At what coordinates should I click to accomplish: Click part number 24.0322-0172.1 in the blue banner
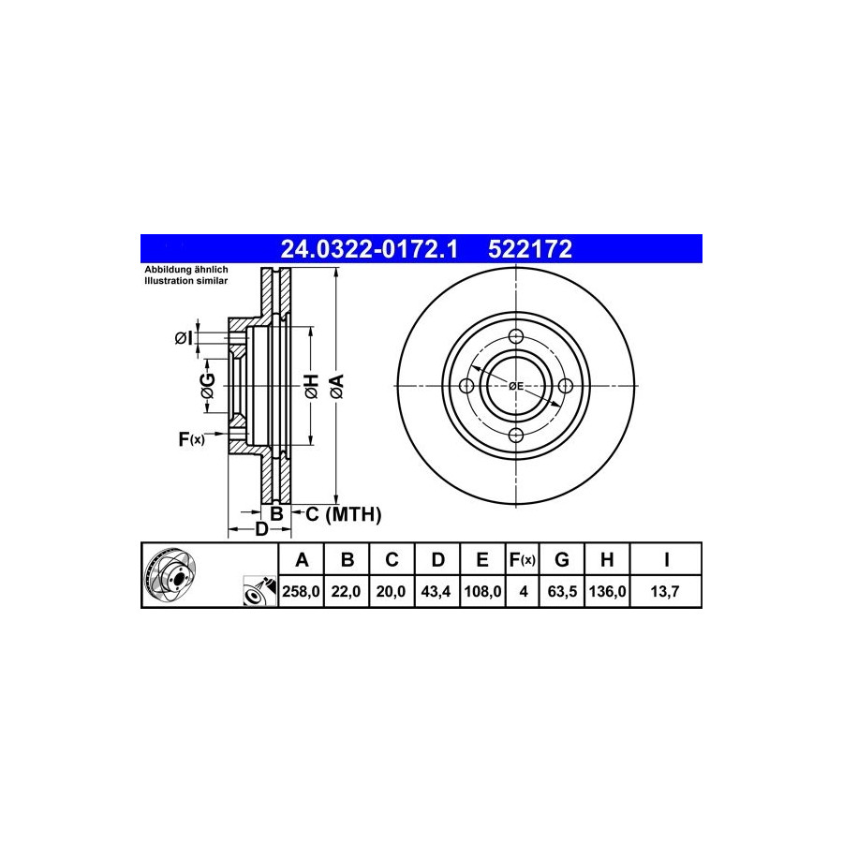pyautogui.click(x=369, y=249)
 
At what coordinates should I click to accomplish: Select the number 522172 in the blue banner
pyautogui.click(x=529, y=249)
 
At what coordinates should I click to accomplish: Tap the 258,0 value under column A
pyautogui.click(x=301, y=592)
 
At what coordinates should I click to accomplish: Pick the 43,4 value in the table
pyautogui.click(x=436, y=592)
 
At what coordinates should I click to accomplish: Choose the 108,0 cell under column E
pyautogui.click(x=482, y=592)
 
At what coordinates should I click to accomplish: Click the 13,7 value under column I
pyautogui.click(x=665, y=592)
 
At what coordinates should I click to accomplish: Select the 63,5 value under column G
pyautogui.click(x=562, y=592)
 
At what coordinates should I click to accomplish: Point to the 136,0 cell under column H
pyautogui.click(x=607, y=592)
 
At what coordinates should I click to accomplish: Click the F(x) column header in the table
pyautogui.click(x=523, y=560)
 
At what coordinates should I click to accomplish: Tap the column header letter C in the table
pyautogui.click(x=392, y=560)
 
